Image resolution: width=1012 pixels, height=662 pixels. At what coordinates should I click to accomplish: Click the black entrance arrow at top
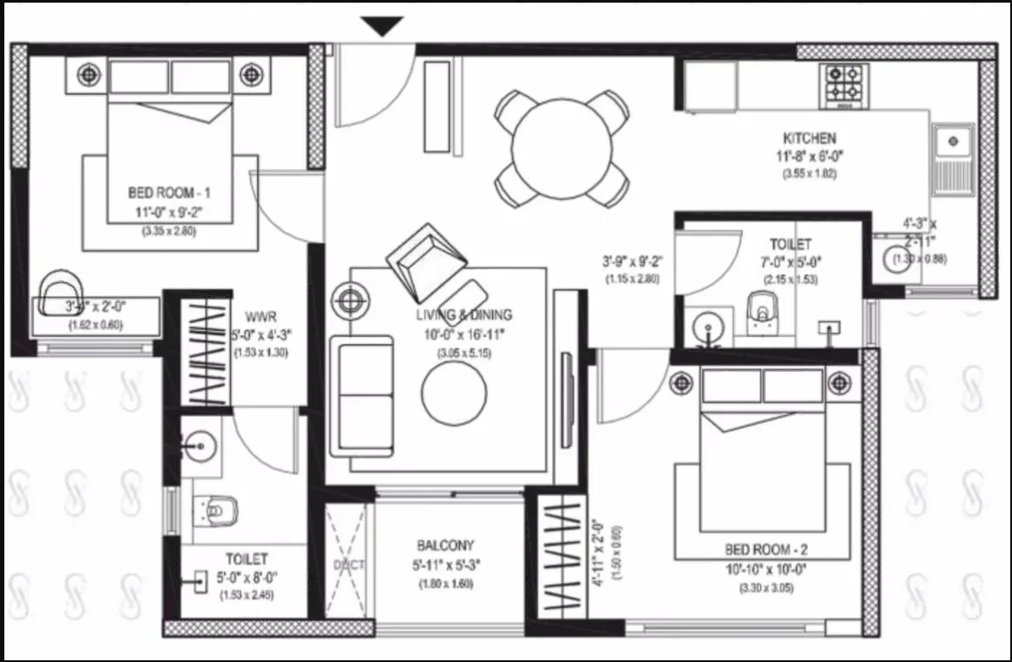[382, 27]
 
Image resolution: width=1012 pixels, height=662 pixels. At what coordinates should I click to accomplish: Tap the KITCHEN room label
[809, 138]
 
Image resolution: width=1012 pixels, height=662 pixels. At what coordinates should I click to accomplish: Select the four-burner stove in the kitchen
[844, 84]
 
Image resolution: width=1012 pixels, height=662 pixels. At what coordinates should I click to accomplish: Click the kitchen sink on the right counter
[952, 140]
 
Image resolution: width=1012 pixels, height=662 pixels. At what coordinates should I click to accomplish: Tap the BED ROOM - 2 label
[766, 550]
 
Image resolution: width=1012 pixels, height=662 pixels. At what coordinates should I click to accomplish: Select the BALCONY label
[445, 546]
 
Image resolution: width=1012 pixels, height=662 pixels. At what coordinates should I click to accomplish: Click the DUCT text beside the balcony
[348, 565]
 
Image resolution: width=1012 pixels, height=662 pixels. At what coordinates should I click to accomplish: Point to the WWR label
[260, 315]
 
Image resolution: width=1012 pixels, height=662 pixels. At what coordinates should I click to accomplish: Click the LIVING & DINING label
[462, 315]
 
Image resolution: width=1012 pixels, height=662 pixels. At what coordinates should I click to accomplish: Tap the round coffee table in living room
[454, 392]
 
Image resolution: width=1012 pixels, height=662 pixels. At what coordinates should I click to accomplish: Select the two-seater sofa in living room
[361, 395]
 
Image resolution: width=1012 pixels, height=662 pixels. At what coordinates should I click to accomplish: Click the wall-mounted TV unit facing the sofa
[567, 388]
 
